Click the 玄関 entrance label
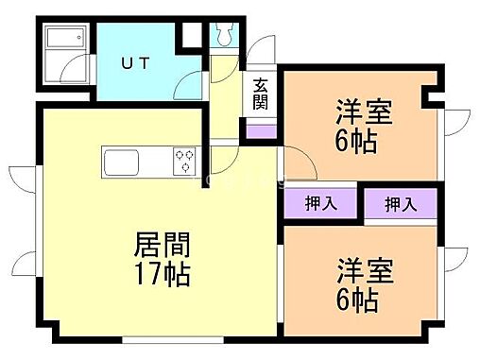point(260,94)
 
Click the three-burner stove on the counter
point(184,161)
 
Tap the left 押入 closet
point(317,201)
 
